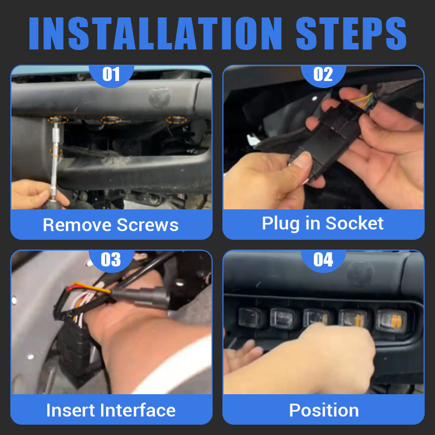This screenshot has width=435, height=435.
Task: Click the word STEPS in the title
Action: [351, 33]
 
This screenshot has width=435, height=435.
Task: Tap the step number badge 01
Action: [111, 74]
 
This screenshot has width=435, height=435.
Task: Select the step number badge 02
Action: [323, 74]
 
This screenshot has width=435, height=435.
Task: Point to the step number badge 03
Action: [111, 260]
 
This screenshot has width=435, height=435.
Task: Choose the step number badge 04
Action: [323, 260]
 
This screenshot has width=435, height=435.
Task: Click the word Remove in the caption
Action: [77, 225]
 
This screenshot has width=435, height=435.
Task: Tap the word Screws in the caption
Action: [147, 225]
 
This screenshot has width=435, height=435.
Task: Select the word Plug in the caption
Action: [281, 223]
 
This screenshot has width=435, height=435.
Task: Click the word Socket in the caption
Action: [355, 223]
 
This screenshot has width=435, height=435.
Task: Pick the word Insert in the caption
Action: [71, 410]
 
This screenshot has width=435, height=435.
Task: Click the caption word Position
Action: [324, 410]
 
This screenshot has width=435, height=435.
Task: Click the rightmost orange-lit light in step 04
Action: [391, 321]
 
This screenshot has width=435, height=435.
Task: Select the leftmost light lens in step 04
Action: [250, 318]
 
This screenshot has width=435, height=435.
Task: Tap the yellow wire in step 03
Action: [91, 288]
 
